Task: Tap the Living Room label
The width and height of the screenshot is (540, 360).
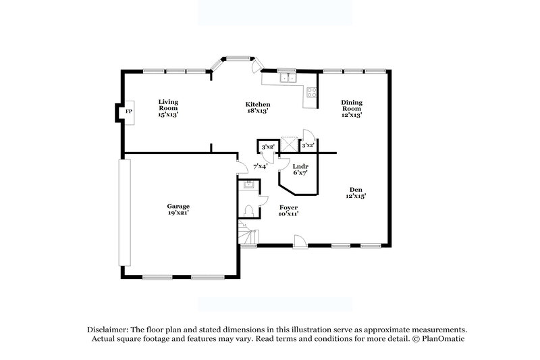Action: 168,108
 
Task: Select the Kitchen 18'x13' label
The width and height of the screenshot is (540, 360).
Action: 258,107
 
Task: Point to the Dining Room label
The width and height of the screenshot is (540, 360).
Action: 352,108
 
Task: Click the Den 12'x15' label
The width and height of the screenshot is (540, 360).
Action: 355,192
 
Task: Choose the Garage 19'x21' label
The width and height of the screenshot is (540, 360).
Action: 178,209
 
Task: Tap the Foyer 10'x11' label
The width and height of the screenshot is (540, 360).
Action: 288,210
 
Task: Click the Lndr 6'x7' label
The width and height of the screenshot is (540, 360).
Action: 300,170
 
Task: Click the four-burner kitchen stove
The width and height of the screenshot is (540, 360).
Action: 312,93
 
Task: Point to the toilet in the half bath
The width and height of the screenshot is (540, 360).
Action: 248,211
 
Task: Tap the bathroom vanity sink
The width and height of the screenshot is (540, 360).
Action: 248,184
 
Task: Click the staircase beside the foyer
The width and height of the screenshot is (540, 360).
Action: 248,236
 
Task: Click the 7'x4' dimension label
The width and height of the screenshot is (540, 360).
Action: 260,165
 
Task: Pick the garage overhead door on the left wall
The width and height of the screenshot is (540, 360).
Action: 123,213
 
